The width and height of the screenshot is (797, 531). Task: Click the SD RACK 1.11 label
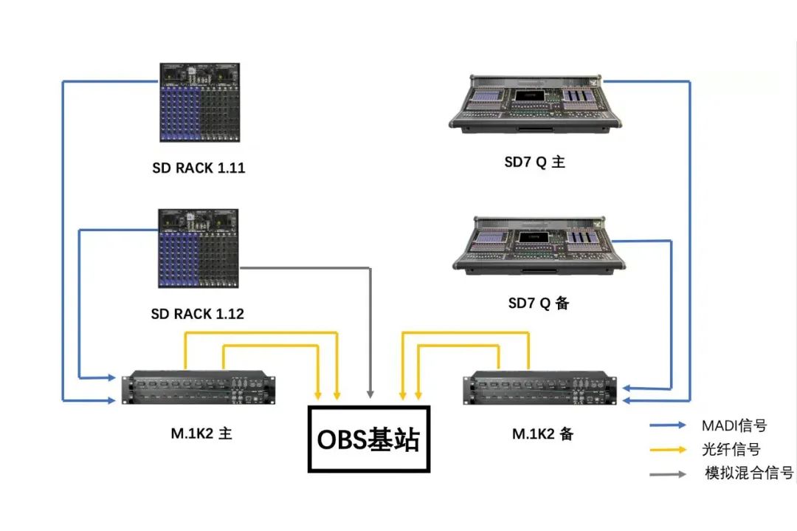[x=199, y=168]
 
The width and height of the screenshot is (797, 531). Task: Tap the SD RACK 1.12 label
[x=197, y=314]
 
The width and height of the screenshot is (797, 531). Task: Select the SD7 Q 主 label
[x=535, y=162]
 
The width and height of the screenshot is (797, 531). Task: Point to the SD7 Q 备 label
[x=538, y=303]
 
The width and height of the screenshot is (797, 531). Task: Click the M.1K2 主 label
[x=201, y=434]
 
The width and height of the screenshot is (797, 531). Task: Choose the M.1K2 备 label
[x=543, y=434]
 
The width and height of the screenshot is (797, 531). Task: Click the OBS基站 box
[x=369, y=439]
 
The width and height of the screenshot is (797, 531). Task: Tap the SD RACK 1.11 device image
[x=199, y=102]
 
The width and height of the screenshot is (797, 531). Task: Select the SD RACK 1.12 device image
[x=199, y=248]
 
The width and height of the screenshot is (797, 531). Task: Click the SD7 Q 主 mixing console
[x=535, y=104]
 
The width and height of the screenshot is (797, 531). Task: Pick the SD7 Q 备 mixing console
[x=539, y=246]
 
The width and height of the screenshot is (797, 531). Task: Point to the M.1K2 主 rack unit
[x=199, y=388]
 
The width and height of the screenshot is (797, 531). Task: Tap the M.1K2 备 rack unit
[x=539, y=388]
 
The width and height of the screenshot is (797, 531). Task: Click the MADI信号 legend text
[x=734, y=425]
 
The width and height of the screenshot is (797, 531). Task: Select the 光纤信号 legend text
[x=731, y=450]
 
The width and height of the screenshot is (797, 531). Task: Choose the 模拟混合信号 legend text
[x=749, y=473]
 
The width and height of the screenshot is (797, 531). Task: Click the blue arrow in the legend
[x=668, y=425]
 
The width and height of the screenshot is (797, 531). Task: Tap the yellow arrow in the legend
[x=668, y=450]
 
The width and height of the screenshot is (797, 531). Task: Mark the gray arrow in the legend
[x=668, y=474]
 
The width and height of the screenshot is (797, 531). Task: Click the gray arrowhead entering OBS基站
[x=370, y=394]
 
